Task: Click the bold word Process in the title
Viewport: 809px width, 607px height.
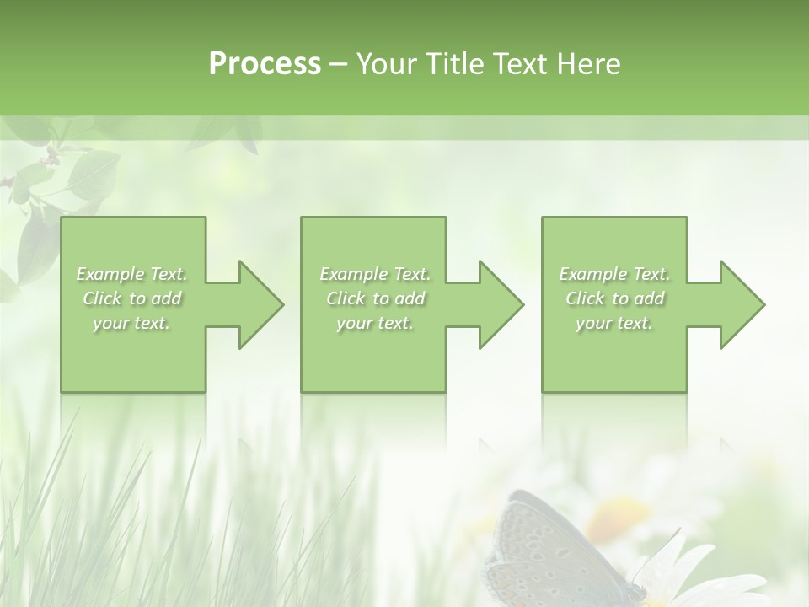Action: coord(265,64)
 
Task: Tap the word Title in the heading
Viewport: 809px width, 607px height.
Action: coord(453,64)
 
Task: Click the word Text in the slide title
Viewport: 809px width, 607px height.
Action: coord(522,64)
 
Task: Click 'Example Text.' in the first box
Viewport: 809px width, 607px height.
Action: coord(132,274)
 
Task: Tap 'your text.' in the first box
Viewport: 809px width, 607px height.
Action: coord(131,323)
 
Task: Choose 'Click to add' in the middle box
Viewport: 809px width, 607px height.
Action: coord(375,298)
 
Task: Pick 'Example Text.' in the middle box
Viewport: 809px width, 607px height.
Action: coord(375,274)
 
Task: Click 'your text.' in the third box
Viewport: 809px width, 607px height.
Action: coord(614,323)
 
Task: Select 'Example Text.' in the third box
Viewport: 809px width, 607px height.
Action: coord(614,274)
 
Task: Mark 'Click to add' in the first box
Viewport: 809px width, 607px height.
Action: coord(132,298)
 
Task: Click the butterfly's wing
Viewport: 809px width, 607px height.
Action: coord(539,548)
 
